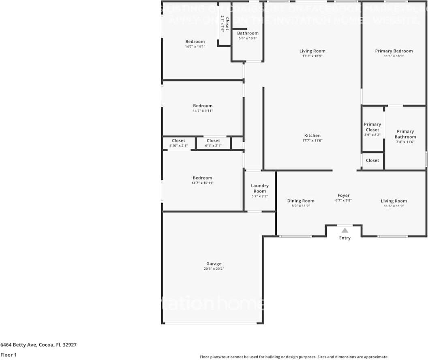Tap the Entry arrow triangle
tap(345, 230)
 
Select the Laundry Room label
tap(259, 188)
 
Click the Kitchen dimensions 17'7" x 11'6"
tap(312, 141)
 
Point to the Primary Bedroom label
tap(394, 51)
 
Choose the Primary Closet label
tap(372, 127)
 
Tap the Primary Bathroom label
tap(405, 134)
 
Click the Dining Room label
tap(301, 201)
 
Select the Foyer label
tap(343, 195)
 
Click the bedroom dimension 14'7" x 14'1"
tap(195, 47)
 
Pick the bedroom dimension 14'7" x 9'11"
tap(202, 111)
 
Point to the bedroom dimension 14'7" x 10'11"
tap(202, 183)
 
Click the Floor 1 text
tap(9, 355)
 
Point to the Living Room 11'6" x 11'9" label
tap(394, 201)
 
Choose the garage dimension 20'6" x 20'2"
tap(214, 268)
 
